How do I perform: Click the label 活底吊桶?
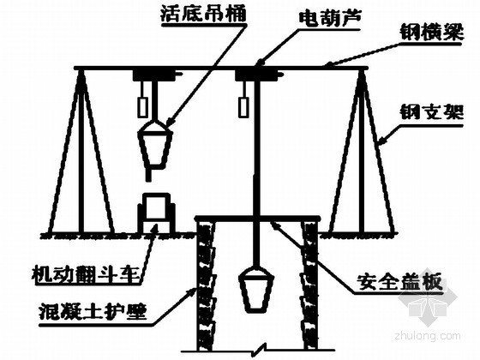(203, 13)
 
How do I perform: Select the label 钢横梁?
(432, 33)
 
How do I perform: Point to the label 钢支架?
(432, 113)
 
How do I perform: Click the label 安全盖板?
(399, 282)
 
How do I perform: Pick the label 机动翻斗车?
(87, 273)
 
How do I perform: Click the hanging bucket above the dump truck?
(155, 146)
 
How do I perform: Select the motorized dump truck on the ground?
(157, 213)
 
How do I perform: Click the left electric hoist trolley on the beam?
(154, 75)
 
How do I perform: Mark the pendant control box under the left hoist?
(142, 107)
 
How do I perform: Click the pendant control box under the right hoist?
(243, 107)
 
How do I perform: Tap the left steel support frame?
(81, 151)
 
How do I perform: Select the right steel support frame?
(362, 151)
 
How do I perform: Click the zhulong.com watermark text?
(428, 336)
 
